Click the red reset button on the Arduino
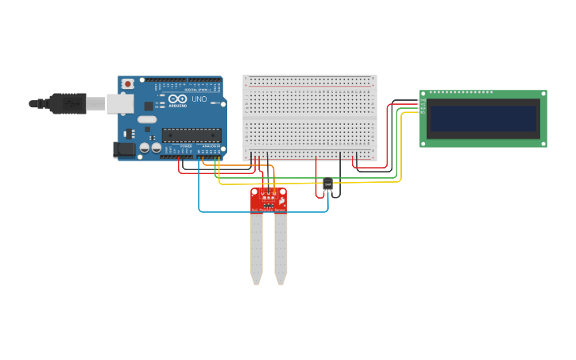pos(128,83)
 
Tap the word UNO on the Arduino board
pos(199,99)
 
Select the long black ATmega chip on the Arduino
pos(191,135)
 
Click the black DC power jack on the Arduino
pos(125,149)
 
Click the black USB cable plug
pos(67,103)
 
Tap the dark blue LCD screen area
pos(483,118)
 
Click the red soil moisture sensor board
pos(269,199)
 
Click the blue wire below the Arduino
pos(262,212)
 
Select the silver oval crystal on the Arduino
pos(147,119)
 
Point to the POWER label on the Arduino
pos(186,146)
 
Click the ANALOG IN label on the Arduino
pos(211,146)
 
